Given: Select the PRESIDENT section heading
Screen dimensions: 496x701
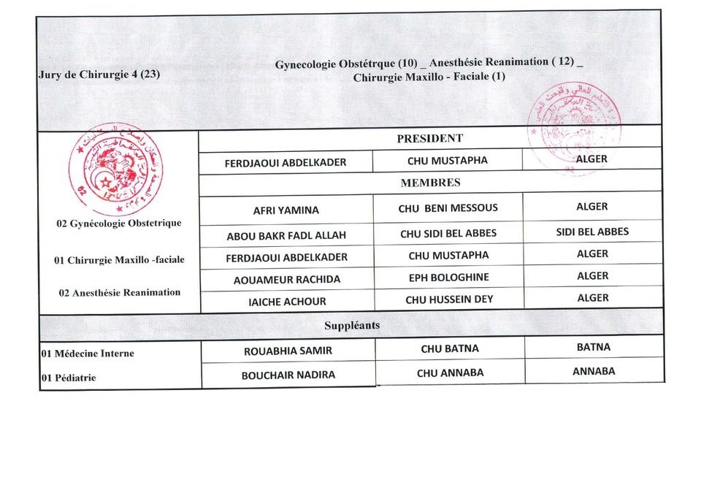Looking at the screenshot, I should (429, 138).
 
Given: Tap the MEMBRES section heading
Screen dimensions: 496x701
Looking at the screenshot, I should (430, 183).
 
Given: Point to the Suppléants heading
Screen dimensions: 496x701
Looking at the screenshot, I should (352, 325).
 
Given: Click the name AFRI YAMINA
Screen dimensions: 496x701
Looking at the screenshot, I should (286, 210).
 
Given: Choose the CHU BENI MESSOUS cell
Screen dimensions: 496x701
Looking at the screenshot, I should (448, 208).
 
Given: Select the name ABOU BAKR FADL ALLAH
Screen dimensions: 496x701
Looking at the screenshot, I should (286, 235).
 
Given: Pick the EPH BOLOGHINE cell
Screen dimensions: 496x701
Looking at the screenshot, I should (448, 278).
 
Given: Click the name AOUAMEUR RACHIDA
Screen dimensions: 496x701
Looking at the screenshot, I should (287, 279).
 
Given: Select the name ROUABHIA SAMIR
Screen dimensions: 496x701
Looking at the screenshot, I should (288, 351).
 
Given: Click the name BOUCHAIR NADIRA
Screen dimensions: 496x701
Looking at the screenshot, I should (288, 375).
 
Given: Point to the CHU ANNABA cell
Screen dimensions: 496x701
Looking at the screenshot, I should (450, 373).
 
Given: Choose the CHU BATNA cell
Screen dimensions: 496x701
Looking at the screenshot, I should (450, 349).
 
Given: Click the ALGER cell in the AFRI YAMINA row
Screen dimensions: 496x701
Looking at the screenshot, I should (591, 207).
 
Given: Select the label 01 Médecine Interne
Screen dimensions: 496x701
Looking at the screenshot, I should (88, 354).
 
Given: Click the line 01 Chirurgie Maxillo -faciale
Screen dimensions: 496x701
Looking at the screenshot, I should (119, 260).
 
